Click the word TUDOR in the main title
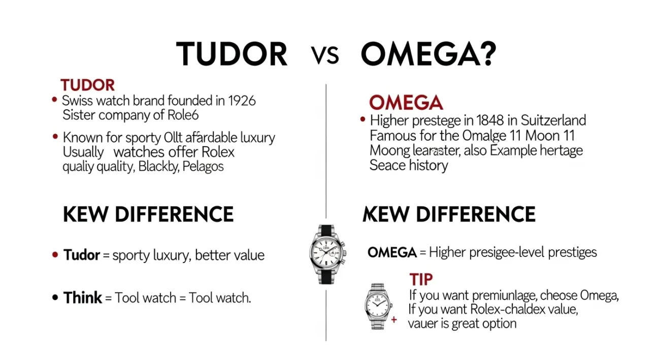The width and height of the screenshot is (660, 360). coord(232,54)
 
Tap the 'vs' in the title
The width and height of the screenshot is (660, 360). coord(325,55)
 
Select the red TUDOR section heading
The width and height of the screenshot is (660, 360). coord(87,85)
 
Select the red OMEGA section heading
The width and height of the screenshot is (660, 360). coord(406,103)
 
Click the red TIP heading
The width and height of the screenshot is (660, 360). coord(420,279)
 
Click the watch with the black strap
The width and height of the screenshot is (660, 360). coord(327,254)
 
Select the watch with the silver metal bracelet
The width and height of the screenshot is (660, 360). coord(378,306)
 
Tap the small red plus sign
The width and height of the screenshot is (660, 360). coord(394,320)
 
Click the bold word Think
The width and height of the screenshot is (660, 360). coord(83,298)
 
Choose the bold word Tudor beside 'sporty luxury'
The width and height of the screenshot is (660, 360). coord(81,254)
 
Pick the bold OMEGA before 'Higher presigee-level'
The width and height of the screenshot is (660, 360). coord(392,252)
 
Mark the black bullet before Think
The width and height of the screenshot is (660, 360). coord(55,298)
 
